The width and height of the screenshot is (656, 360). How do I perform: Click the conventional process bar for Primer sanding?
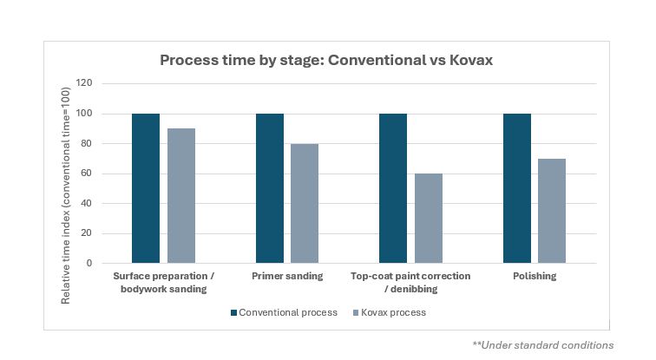point(269,188)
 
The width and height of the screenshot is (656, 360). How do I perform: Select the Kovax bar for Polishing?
point(552,211)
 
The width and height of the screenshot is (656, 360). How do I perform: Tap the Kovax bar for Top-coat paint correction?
point(429,219)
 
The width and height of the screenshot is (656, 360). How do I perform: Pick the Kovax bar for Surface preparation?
point(181,196)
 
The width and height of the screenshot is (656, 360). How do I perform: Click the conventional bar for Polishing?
point(517,188)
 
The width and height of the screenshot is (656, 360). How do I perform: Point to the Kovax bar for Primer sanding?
point(305,203)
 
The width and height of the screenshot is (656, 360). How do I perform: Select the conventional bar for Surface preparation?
point(146,188)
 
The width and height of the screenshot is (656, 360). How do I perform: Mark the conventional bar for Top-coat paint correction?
point(393,188)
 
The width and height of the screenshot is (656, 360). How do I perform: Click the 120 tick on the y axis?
point(84,82)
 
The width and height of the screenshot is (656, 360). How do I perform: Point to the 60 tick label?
point(86,173)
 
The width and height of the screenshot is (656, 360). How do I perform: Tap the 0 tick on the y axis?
point(89,263)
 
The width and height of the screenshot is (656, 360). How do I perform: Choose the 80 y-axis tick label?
point(86,143)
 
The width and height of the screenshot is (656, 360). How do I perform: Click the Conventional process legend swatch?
point(234,313)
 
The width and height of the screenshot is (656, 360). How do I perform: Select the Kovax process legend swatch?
point(356,313)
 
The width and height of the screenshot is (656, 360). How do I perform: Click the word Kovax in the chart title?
point(471,60)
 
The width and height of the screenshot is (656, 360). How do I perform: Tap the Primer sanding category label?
point(287,276)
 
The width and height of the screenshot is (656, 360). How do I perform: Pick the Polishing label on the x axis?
point(535,276)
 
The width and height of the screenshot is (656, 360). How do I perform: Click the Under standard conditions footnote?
point(543,345)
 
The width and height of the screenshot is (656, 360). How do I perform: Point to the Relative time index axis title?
point(66,195)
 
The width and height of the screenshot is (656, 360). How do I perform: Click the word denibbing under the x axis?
point(414,289)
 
